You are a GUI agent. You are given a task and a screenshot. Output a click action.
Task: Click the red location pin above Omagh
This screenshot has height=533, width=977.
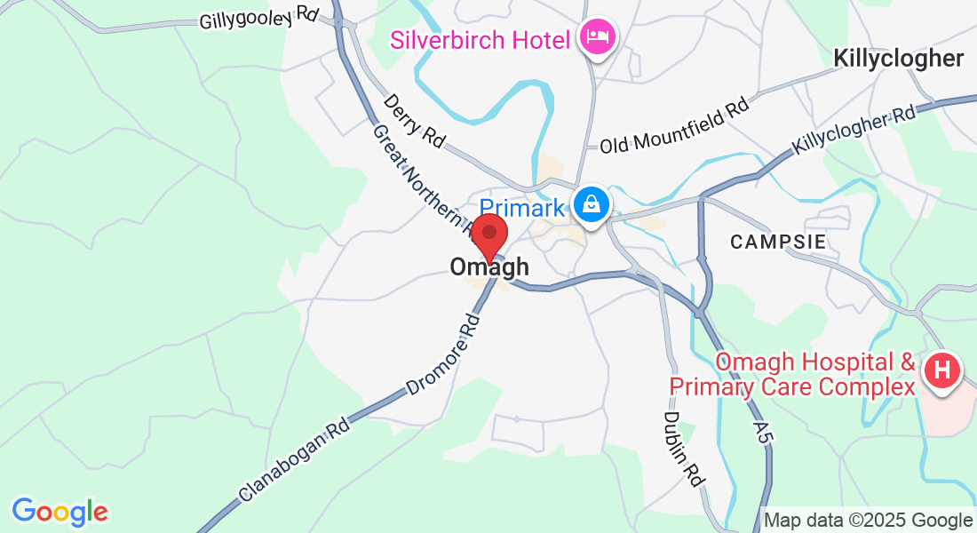pyautogui.click(x=488, y=235)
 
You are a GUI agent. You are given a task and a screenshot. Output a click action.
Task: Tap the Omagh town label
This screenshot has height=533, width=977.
pyautogui.click(x=489, y=266)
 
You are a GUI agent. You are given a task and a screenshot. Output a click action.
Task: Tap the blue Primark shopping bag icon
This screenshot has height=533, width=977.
pyautogui.click(x=591, y=205)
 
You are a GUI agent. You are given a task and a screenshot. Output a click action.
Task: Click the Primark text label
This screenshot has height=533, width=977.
pyautogui.click(x=522, y=208)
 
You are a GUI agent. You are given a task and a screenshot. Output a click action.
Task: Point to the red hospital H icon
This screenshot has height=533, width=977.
pyautogui.click(x=943, y=370)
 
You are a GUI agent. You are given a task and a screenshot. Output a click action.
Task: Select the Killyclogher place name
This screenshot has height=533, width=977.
pyautogui.click(x=898, y=59)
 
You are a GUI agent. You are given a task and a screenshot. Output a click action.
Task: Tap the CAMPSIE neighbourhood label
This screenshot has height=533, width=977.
pyautogui.click(x=779, y=242)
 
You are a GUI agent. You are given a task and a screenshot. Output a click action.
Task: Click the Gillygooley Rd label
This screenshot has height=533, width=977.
pyautogui.click(x=258, y=17)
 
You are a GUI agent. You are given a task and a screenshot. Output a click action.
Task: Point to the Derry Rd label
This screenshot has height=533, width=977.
pyautogui.click(x=414, y=120)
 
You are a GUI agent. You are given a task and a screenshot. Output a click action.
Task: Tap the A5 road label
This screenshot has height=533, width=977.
pyautogui.click(x=760, y=434)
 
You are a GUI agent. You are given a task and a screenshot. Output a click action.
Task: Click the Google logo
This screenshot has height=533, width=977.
pyautogui.click(x=60, y=511)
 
